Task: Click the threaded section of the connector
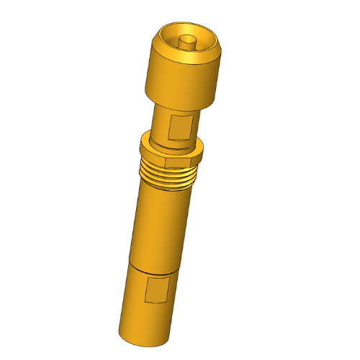click(x=168, y=173)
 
